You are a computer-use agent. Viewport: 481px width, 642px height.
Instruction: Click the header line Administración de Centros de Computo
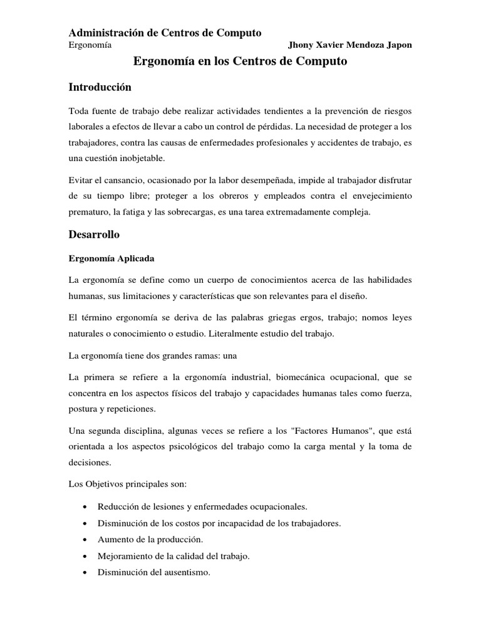point(165,33)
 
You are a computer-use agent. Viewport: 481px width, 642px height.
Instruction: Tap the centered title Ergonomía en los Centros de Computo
point(240,61)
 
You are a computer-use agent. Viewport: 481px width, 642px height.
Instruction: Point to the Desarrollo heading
point(94,234)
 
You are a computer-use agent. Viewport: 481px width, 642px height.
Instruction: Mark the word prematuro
point(88,212)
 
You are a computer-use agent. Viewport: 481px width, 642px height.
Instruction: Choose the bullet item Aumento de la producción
point(150,539)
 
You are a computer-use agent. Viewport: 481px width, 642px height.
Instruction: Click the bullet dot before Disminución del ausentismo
point(84,571)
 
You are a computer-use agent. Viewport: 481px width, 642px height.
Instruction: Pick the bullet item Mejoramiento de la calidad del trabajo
point(173,555)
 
